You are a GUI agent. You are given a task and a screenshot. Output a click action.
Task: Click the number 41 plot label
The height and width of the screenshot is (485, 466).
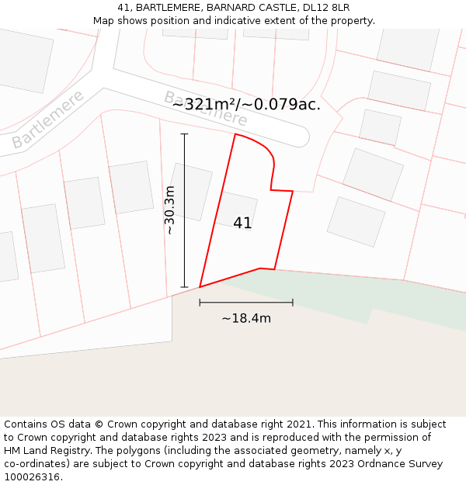point(242,223)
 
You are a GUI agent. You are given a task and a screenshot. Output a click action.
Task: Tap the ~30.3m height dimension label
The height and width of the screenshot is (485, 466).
point(169,210)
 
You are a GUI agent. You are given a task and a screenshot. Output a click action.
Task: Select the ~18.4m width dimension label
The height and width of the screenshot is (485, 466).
point(246,318)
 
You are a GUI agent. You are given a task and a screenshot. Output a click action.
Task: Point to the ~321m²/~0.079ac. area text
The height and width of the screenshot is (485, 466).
point(246,104)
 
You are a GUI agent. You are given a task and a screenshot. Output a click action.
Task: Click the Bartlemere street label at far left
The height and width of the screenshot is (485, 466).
point(47,120)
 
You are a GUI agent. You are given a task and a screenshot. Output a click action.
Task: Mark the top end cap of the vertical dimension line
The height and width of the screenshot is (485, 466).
point(184,134)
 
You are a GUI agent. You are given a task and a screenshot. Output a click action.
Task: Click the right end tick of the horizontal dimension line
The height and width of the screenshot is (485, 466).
point(293,302)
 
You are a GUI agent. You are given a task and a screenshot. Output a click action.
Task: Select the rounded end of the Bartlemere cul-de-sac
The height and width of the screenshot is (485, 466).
point(301,137)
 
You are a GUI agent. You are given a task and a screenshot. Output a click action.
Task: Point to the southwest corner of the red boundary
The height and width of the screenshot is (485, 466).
point(200,287)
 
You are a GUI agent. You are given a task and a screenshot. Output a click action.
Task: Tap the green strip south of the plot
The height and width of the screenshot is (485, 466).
point(342,299)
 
